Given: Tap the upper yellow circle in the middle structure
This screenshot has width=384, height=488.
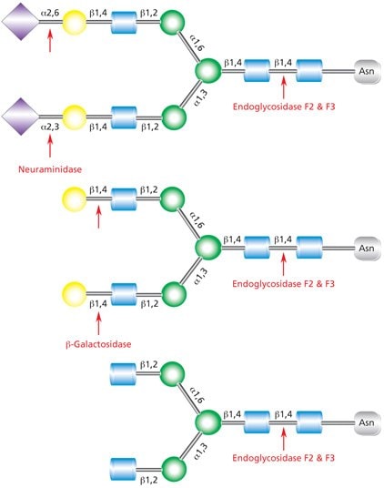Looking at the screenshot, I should point(73,198).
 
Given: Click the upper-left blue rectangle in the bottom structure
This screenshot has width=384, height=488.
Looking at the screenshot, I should point(124,374).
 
